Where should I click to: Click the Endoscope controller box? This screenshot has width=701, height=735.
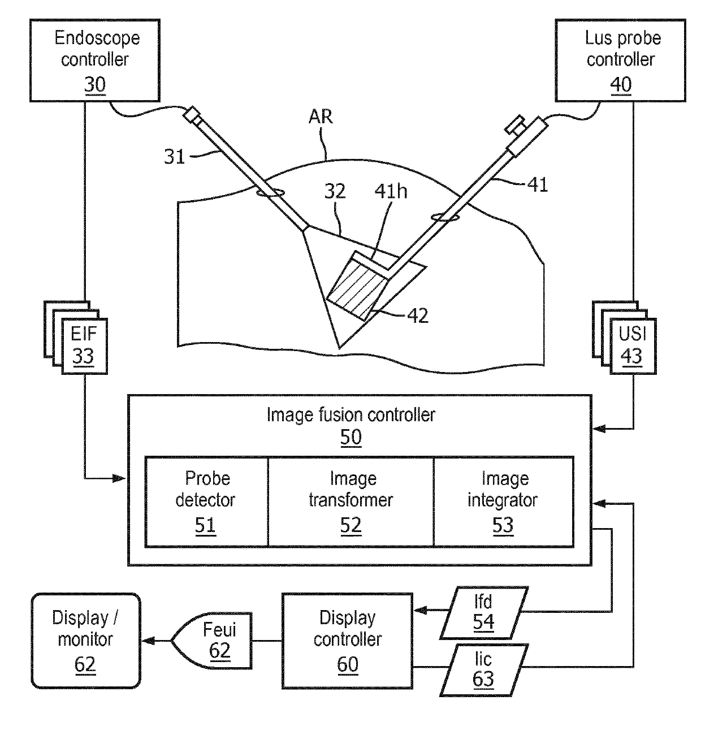tap(95, 60)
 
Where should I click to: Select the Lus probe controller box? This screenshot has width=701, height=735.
tap(620, 60)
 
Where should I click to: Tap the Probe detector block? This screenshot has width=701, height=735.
tap(206, 501)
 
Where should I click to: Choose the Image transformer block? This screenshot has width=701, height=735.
tap(350, 501)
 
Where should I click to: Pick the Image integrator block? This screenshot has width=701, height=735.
tap(503, 501)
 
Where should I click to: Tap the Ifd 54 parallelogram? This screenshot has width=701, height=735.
tap(484, 613)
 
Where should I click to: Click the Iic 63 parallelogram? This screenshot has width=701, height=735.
tap(484, 671)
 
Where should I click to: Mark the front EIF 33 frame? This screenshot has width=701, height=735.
tap(84, 346)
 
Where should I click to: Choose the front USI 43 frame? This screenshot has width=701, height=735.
tap(633, 346)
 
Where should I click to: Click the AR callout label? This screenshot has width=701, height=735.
tap(321, 116)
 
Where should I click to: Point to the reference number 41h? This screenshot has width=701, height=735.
tap(391, 192)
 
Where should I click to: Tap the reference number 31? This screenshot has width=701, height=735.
tap(174, 157)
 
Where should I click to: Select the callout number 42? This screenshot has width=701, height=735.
tap(418, 316)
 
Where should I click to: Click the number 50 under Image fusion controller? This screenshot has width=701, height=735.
tap(350, 436)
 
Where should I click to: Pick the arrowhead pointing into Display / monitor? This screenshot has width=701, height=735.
tap(149, 641)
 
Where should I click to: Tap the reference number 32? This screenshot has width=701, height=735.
tap(335, 192)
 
